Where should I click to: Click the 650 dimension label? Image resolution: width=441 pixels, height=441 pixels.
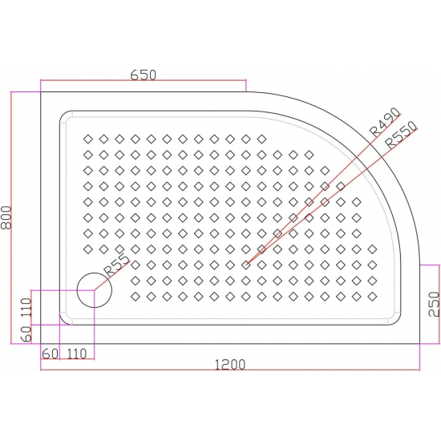click(x=142, y=74)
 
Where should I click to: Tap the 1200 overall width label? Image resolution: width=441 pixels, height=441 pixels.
click(x=230, y=364)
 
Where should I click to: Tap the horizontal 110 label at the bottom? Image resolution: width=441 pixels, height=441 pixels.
click(x=76, y=353)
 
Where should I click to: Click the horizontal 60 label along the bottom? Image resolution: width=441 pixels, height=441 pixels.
click(x=50, y=353)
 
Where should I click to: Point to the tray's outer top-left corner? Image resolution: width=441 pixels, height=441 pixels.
click(x=41, y=91)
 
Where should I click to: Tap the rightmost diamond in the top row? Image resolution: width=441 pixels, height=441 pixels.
click(x=261, y=138)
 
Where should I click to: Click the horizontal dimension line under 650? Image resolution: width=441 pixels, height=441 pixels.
click(x=142, y=81)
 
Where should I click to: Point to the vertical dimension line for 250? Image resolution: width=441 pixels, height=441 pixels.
click(x=439, y=305)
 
